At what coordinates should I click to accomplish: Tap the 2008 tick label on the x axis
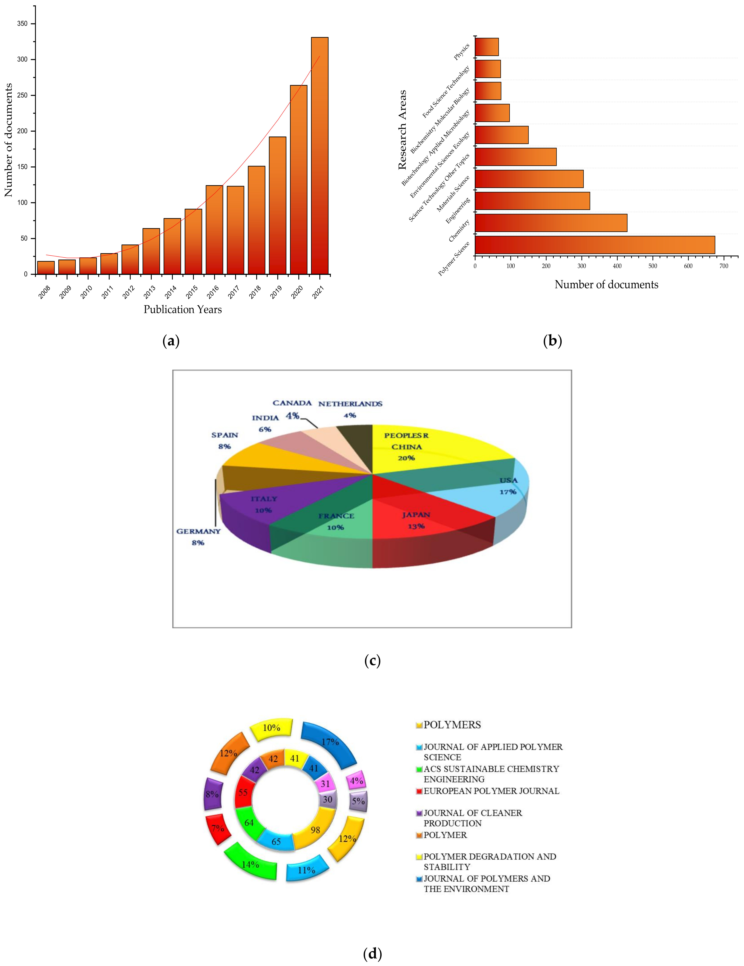44,292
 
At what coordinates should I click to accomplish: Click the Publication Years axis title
183,309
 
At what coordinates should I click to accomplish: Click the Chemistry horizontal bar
551,222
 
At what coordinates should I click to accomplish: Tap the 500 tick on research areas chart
652,266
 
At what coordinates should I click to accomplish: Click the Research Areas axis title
402,130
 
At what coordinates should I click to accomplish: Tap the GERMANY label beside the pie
198,531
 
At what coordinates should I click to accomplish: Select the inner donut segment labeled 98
315,829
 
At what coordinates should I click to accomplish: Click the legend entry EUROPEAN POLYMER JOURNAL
491,791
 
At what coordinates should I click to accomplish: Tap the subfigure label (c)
372,660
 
